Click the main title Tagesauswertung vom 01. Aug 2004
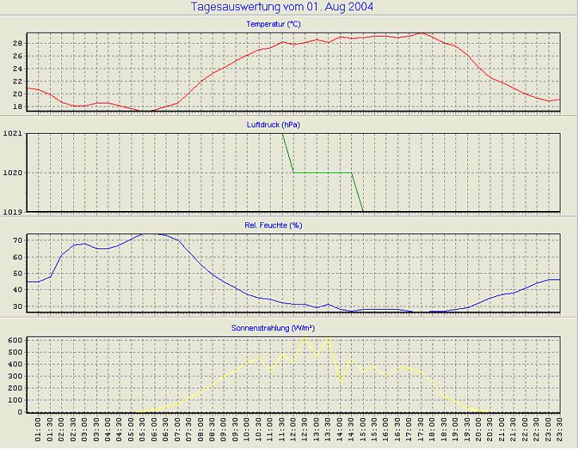pyautogui.click(x=283, y=7)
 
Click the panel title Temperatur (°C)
pyautogui.click(x=274, y=25)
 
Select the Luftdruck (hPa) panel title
pyautogui.click(x=274, y=125)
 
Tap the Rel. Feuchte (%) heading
pyautogui.click(x=274, y=225)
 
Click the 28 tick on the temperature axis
pyautogui.click(x=17, y=43)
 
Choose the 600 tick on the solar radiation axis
pyautogui.click(x=14, y=340)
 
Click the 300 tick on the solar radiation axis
pyautogui.click(x=14, y=376)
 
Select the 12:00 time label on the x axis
pyautogui.click(x=294, y=431)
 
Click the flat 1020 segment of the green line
pyautogui.click(x=322, y=172)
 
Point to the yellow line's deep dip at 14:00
pyautogui.click(x=341, y=381)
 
